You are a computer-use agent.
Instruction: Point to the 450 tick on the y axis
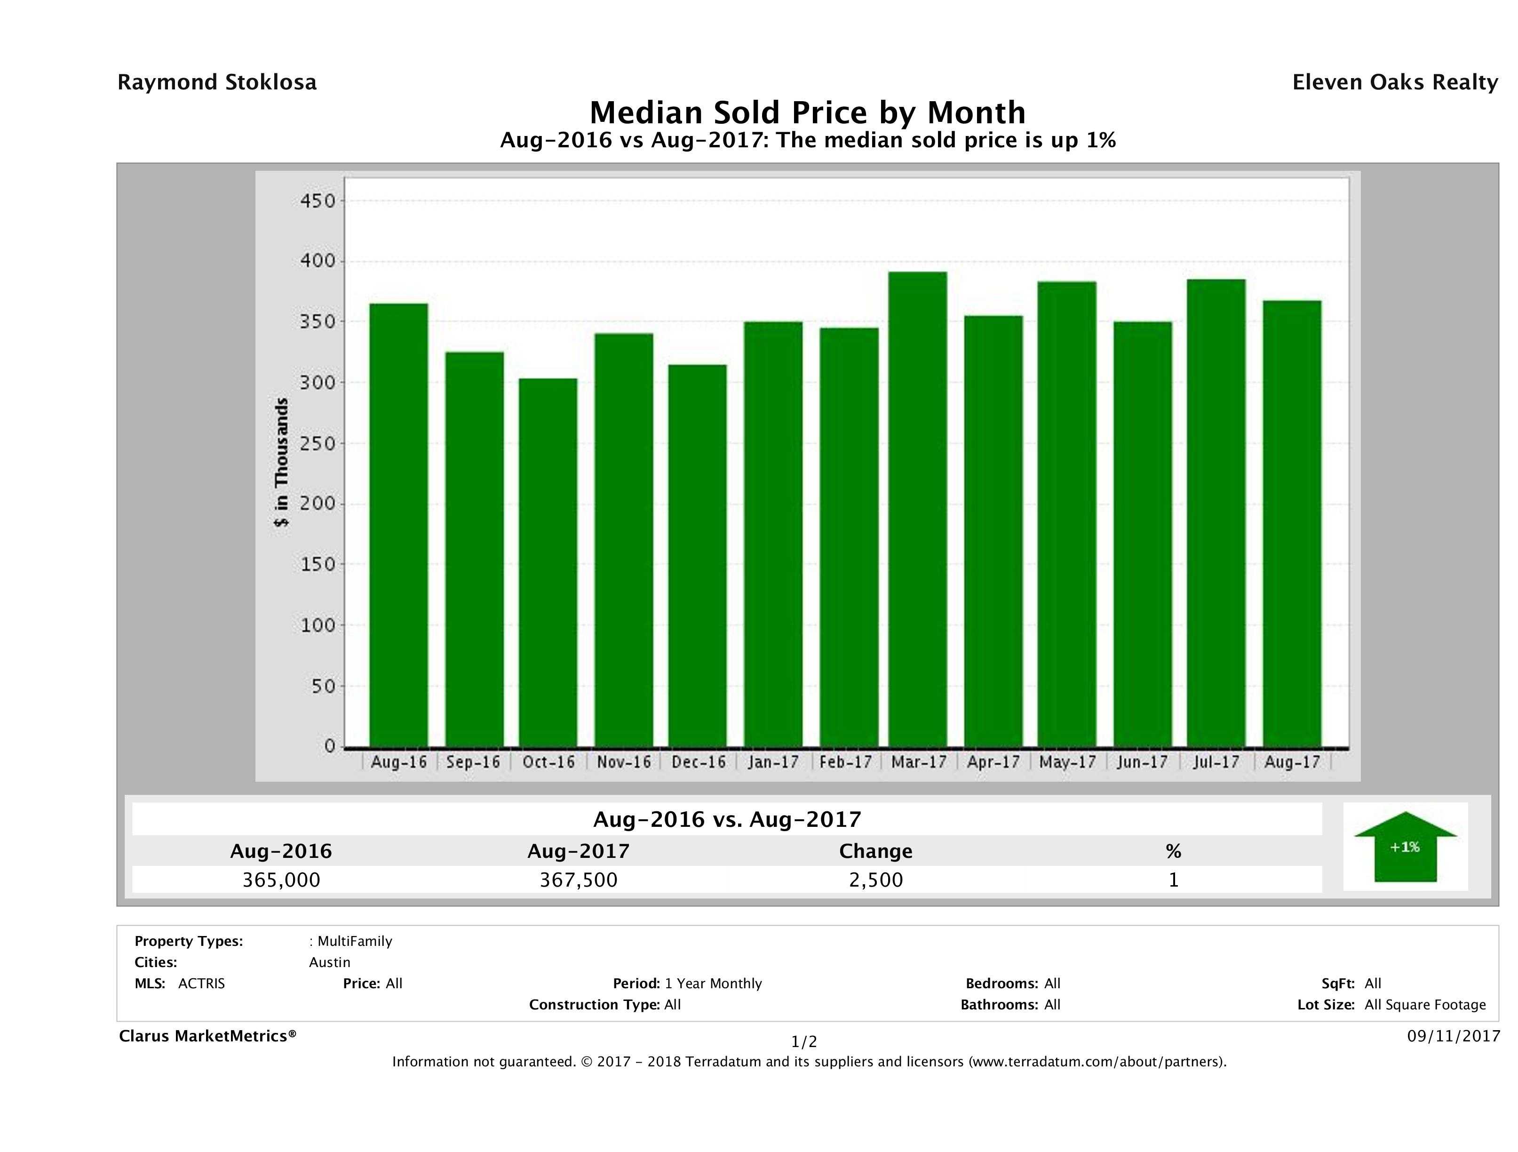click(x=317, y=201)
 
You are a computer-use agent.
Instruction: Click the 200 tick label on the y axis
click(x=317, y=504)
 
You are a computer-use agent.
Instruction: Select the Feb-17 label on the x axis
click(x=845, y=762)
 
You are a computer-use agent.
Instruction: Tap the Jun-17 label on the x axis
click(x=1142, y=762)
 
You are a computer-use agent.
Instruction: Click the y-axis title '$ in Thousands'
click(x=281, y=462)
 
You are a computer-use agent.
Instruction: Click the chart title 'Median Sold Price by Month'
click(x=808, y=112)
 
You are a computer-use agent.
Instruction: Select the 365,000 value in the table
click(x=281, y=880)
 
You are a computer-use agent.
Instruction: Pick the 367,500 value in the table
click(x=579, y=880)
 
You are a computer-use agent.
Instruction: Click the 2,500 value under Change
click(x=876, y=880)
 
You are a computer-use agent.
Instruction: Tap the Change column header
click(x=876, y=851)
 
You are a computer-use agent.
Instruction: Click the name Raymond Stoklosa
click(x=217, y=82)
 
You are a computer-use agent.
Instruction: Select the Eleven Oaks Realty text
click(x=1394, y=82)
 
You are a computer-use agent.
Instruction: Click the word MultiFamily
click(x=355, y=941)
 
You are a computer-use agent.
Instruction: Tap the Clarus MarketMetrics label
click(x=207, y=1036)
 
